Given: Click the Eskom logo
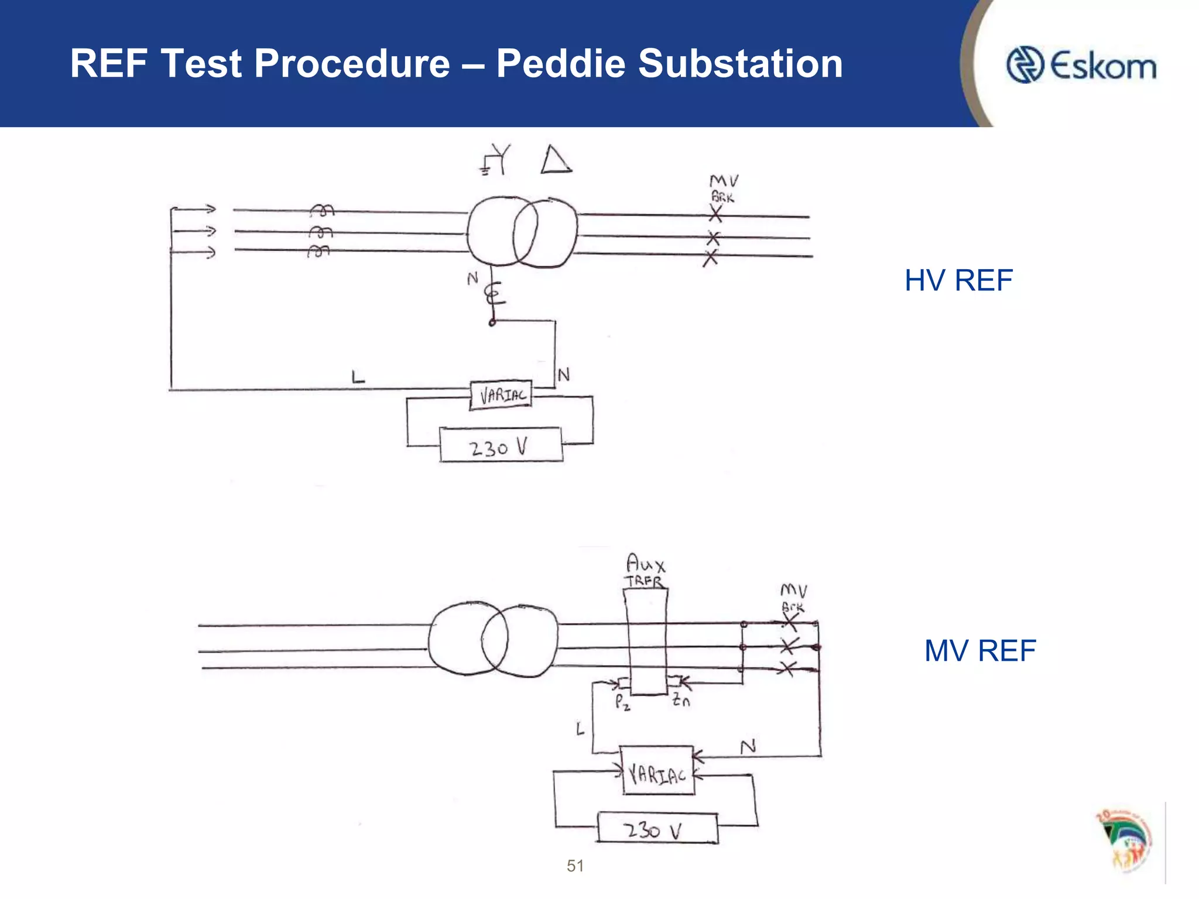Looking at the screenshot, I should point(1081,65).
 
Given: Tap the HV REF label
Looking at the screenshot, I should point(958,280).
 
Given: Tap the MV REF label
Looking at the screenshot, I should point(979,651).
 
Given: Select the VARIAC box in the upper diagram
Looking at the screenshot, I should point(501,396).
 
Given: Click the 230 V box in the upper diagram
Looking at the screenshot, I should point(501,446).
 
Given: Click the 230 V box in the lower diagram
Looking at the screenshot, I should point(657,828).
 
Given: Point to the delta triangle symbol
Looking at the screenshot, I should point(555,160).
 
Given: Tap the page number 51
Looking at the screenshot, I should point(575,866).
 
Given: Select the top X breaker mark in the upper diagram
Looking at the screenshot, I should point(715,214).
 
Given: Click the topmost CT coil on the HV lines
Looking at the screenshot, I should point(321,210).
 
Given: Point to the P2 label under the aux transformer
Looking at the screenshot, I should point(622,702).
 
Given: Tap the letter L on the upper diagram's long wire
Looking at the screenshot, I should point(358,377).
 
